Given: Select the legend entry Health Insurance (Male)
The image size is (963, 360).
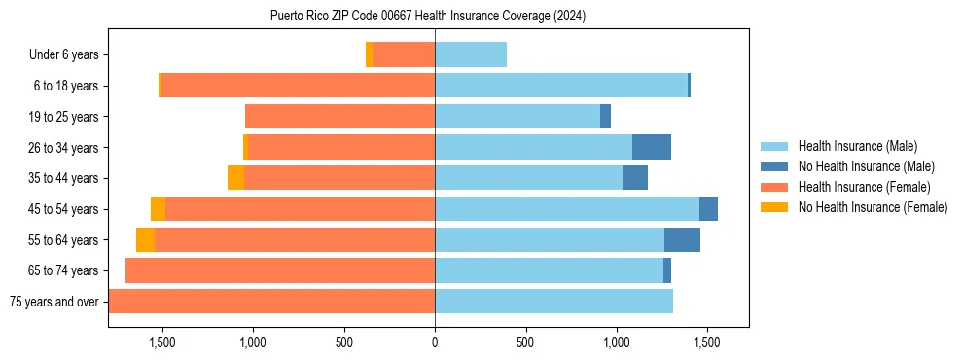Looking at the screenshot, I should tap(857, 146).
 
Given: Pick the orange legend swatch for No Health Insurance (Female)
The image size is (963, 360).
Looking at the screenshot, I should tap(774, 207).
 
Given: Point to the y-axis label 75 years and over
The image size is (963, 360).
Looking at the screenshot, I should tap(53, 302).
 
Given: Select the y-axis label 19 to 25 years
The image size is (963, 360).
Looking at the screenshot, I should tap(64, 117).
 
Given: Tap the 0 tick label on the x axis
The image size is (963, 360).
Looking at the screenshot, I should tap(435, 342).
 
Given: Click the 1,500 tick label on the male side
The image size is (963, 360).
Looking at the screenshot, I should tap(706, 342).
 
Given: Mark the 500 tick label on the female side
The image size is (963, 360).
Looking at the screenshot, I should tap(344, 342).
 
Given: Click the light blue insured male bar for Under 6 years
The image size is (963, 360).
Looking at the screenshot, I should tap(471, 55).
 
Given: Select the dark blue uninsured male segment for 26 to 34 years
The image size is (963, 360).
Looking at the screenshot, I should tap(651, 148).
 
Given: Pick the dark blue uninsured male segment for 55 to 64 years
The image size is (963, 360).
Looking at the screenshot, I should tap(682, 240).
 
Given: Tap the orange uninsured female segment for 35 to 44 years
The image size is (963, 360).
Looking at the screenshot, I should tap(235, 178).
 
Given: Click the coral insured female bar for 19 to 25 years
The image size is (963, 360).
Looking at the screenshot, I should tap(339, 117).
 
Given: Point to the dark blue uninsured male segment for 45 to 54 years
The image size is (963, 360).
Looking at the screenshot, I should tap(708, 209).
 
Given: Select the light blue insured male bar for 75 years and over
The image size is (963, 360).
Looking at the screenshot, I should tap(553, 302).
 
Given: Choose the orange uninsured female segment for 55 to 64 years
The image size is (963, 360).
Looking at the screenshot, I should tap(145, 240).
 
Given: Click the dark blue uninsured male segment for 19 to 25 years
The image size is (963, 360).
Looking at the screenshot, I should tap(605, 117).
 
